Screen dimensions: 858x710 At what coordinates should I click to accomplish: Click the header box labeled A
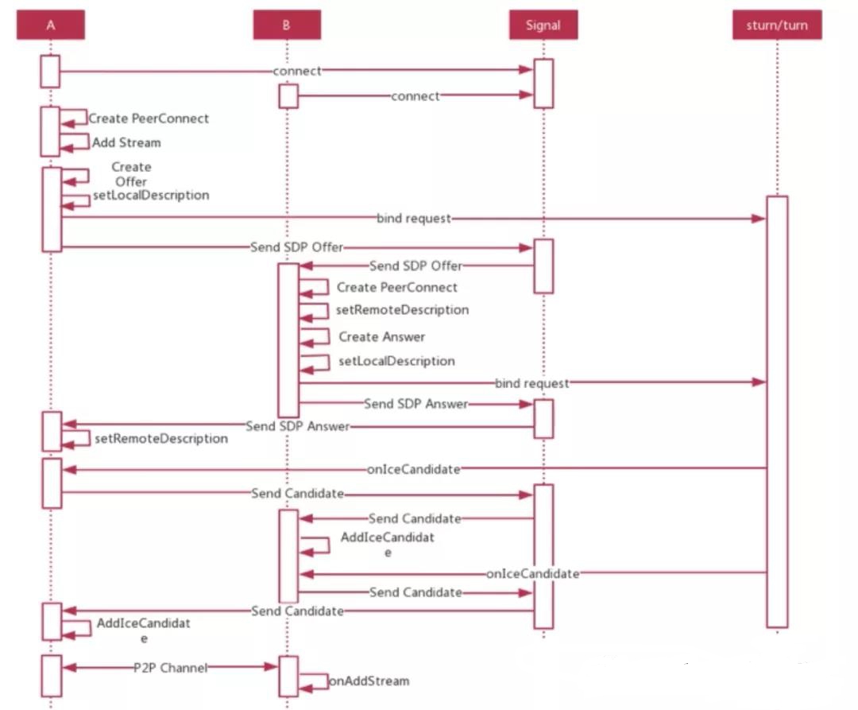50,25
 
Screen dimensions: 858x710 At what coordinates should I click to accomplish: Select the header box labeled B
287,25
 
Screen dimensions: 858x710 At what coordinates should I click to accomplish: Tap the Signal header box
543,25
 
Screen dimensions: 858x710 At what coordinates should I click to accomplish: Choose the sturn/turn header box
777,25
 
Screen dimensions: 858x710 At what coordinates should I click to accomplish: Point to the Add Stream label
126,143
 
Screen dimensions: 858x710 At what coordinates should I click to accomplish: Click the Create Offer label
131,174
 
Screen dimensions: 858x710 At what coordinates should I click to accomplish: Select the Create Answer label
382,336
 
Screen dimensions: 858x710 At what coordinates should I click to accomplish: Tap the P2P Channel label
171,668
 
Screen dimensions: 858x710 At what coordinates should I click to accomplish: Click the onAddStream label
369,681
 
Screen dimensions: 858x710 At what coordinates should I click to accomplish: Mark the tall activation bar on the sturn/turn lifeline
777,411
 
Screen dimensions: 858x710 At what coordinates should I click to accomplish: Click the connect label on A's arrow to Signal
297,72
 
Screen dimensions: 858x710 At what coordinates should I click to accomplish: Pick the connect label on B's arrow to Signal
415,96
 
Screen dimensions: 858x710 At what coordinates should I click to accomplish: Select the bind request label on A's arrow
414,219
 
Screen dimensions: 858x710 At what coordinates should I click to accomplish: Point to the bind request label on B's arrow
531,383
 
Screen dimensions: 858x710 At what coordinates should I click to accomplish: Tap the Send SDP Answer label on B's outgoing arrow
415,404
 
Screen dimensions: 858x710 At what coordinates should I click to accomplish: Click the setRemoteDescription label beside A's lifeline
161,438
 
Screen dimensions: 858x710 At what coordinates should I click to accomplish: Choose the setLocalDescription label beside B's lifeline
396,361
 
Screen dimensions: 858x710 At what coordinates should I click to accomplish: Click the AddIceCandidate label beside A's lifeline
143,630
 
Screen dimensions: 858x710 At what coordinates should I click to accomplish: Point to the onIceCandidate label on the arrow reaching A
414,469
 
